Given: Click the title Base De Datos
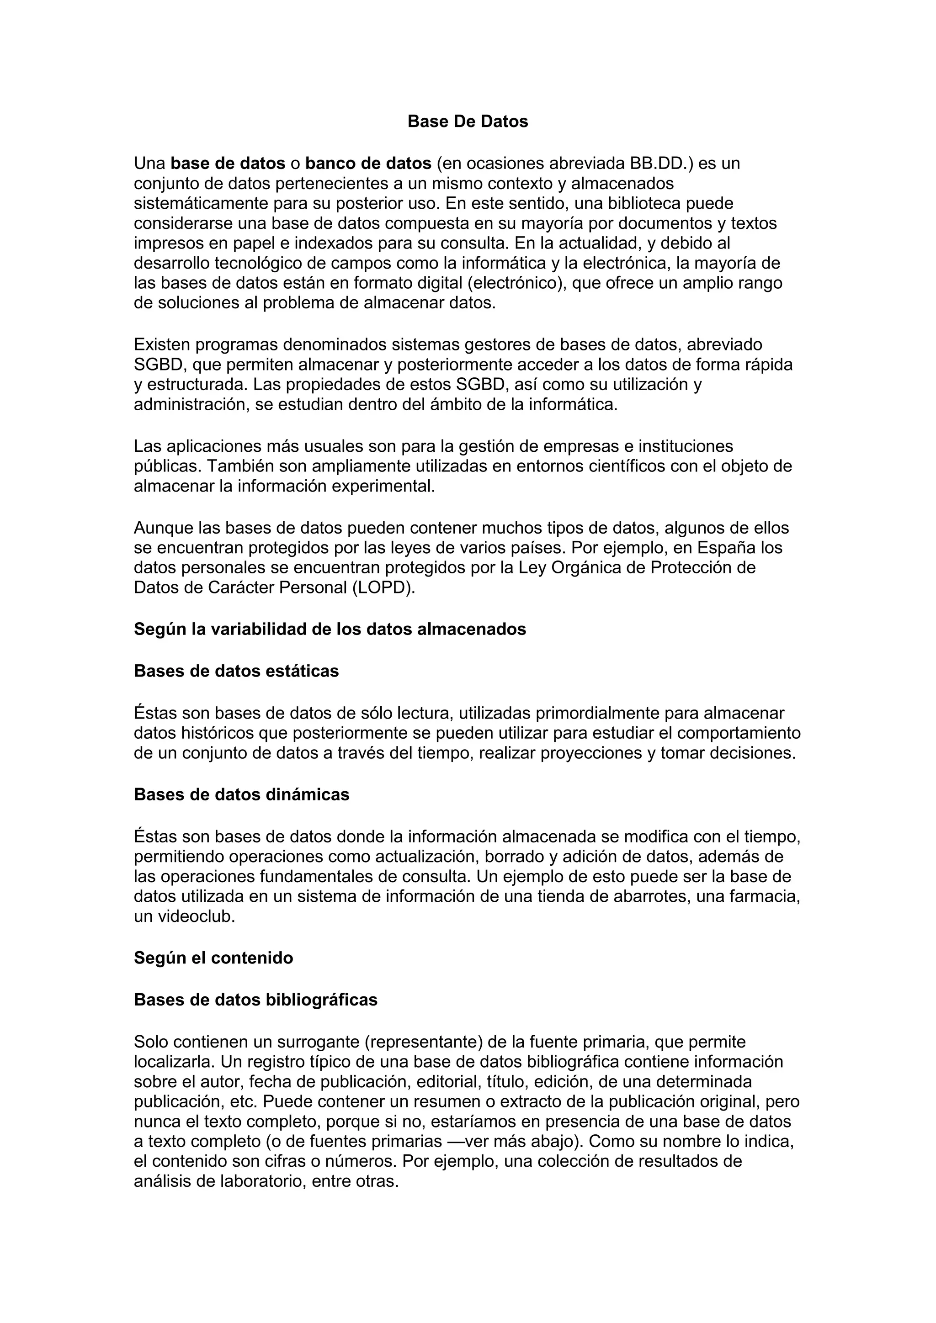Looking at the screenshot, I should [x=468, y=122].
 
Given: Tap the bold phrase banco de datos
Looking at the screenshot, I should [x=368, y=164].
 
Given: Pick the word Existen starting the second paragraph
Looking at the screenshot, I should [x=162, y=344].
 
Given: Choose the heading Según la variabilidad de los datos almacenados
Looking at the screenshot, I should [x=330, y=629].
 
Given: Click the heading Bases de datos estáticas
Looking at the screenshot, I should [x=236, y=671].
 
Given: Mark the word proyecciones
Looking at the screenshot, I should [x=591, y=753].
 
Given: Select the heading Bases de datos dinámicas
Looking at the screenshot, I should [x=241, y=794].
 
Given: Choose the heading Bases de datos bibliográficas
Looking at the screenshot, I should [x=255, y=1000].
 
